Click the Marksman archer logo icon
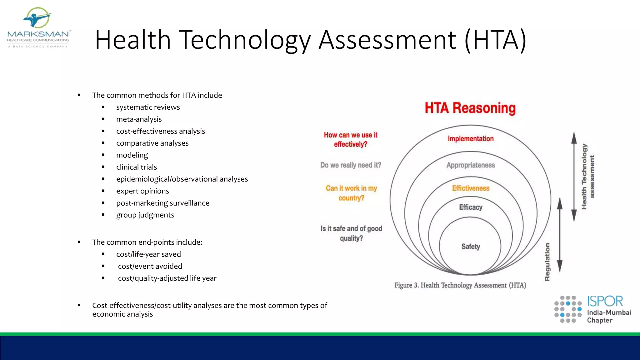tap(37, 18)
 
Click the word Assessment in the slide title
tap(387, 40)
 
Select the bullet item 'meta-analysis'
tap(139, 119)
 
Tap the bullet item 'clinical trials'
tap(137, 167)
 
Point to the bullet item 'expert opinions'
tap(142, 191)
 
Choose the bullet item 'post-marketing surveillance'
tap(162, 203)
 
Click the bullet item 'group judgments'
tap(145, 215)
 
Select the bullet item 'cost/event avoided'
tap(150, 266)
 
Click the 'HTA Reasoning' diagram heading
tap(470, 108)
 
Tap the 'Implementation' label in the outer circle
tap(471, 139)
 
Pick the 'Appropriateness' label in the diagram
tap(471, 165)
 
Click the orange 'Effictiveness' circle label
tap(471, 188)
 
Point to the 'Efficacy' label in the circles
tap(471, 207)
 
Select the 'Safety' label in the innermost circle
tap(471, 247)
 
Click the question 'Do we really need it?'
tap(351, 165)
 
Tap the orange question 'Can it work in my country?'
tap(351, 193)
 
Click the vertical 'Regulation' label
tap(547, 262)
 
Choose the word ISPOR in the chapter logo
tap(605, 301)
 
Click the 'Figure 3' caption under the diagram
tap(460, 285)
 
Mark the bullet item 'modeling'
tap(132, 155)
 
